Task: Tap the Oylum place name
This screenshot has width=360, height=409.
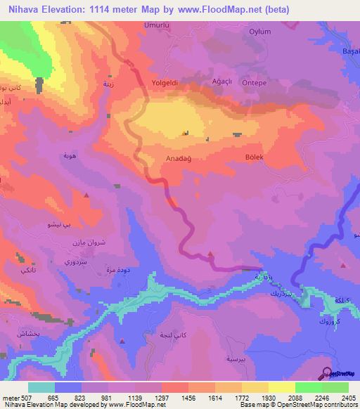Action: tap(260, 32)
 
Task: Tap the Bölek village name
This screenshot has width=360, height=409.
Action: tap(255, 157)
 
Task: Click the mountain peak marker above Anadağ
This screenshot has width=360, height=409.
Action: tap(186, 133)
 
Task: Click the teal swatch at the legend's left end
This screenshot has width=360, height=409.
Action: tap(41, 387)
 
